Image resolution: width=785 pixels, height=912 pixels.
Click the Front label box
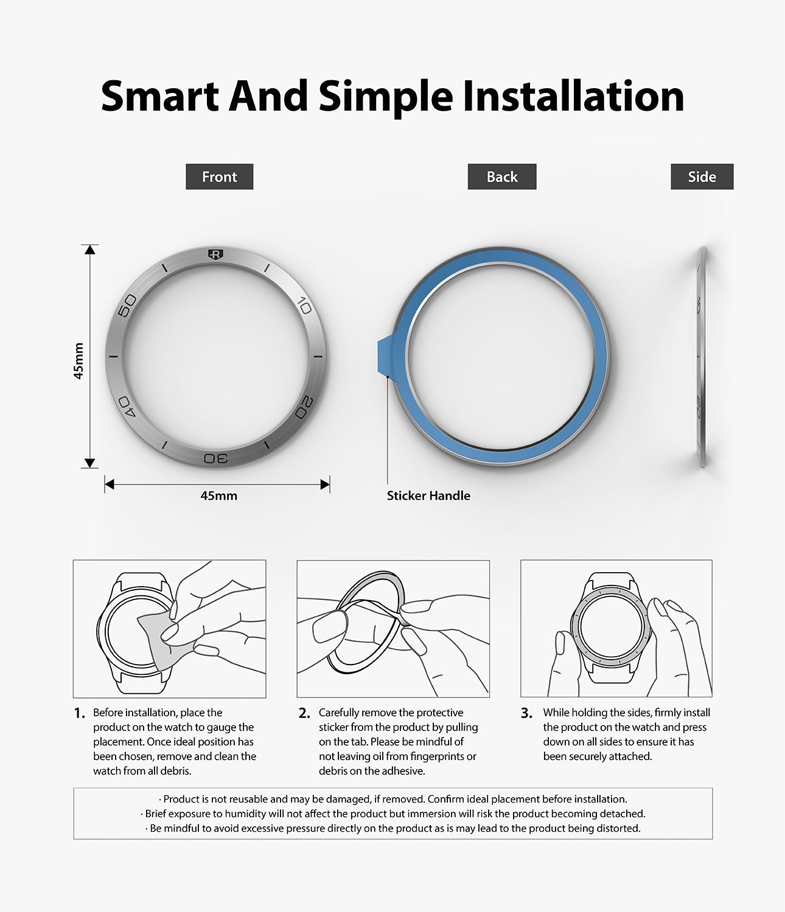pos(219,176)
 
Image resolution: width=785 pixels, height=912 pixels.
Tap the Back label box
pos(501,176)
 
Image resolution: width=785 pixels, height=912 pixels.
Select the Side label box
pos(702,176)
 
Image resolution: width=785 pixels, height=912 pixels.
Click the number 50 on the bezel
pos(127,305)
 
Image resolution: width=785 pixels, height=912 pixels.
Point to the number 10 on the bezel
pos(305,305)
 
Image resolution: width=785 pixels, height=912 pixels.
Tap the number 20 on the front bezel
pos(305,407)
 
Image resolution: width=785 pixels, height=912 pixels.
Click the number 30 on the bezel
pos(216,458)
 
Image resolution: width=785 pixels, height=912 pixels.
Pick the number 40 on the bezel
pos(127,406)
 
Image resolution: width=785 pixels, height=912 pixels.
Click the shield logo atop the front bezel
pos(215,254)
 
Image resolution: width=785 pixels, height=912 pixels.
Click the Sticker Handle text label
pos(428,496)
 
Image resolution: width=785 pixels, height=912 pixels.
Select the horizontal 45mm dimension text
pos(218,496)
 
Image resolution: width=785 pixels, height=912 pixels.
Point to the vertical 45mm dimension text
pos(78,361)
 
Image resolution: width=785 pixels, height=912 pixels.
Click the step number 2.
pos(304,713)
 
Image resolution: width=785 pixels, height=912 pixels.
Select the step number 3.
pos(526,713)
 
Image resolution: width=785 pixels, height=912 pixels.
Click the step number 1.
pos(79,713)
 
